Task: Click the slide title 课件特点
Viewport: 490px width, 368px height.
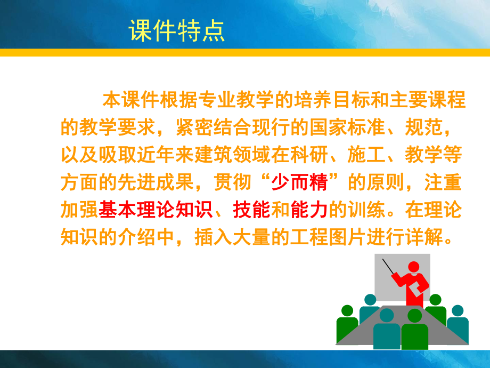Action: pyautogui.click(x=176, y=31)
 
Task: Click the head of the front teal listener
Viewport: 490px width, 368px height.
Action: pyautogui.click(x=387, y=315)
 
